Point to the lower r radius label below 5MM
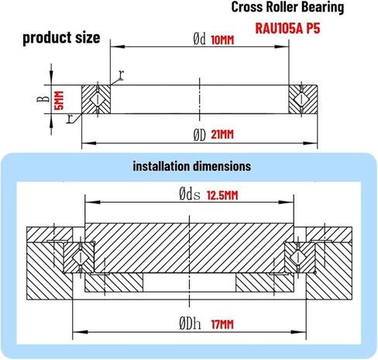(69, 118)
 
